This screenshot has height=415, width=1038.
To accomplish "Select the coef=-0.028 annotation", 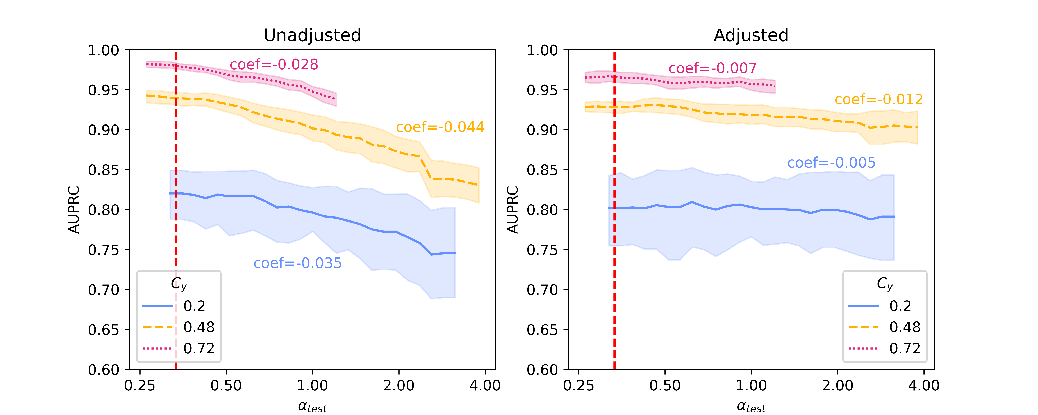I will click(274, 64).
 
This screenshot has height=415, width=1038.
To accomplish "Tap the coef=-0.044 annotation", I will click(440, 127).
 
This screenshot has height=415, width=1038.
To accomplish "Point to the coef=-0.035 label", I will click(297, 263).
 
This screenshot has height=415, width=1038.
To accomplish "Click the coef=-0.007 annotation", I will click(712, 68).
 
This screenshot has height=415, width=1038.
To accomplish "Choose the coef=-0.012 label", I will click(878, 100).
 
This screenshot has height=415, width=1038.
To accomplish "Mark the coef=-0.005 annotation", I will click(831, 163).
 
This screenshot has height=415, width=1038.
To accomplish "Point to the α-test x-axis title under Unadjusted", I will click(312, 406).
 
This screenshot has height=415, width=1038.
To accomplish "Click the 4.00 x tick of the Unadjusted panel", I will click(485, 386).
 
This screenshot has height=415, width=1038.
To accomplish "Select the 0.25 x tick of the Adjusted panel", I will click(579, 386).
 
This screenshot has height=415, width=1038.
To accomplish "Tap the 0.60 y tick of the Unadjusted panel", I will click(104, 370).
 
